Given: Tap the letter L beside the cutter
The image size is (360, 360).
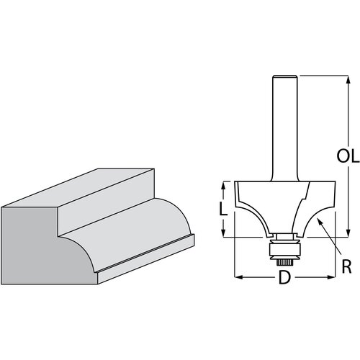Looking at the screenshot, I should (224, 209).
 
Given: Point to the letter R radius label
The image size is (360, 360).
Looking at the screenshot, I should (346, 268).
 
